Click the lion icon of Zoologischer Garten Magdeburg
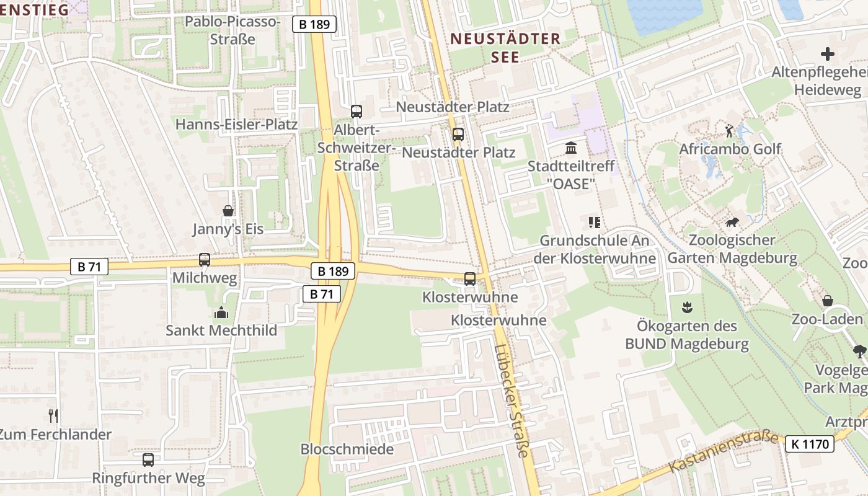tap(733, 222)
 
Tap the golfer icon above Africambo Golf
tap(729, 131)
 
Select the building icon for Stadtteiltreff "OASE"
tap(570, 148)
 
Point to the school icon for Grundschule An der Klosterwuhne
tap(595, 222)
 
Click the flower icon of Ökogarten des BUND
tap(686, 306)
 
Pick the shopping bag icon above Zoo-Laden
tap(827, 301)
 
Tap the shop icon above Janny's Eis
tap(228, 211)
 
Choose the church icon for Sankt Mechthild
tap(221, 312)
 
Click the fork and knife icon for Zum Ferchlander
tap(53, 415)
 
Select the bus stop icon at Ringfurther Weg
tap(148, 460)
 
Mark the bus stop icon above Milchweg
tap(205, 260)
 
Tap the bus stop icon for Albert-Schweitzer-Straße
tap(356, 112)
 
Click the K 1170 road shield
tap(809, 444)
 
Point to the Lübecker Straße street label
tap(512, 401)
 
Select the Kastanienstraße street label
tap(724, 453)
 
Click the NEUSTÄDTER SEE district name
tap(505, 48)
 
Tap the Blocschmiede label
tap(347, 449)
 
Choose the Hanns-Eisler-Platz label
tap(236, 125)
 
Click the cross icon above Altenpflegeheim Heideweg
tap(827, 54)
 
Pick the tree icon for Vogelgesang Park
tap(859, 352)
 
